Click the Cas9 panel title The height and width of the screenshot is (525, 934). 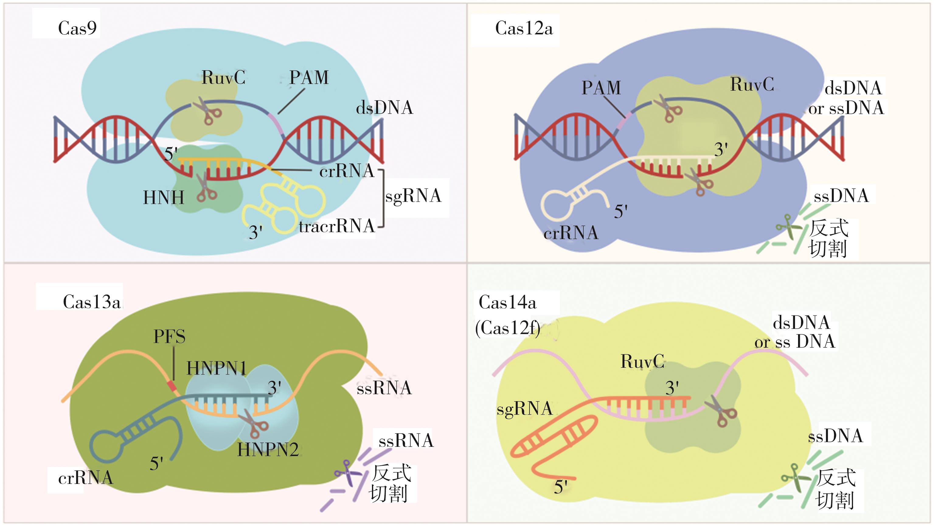point(77,28)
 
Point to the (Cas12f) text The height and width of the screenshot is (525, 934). point(508,329)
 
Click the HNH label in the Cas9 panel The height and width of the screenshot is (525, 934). point(164,198)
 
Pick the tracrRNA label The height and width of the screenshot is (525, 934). point(336,226)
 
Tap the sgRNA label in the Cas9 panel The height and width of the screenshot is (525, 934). point(413,196)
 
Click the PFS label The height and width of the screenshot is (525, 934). point(169,337)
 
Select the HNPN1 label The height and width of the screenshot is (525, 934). point(217,368)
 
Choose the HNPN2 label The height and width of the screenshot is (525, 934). point(268,450)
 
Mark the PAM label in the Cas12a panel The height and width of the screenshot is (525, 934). point(601,88)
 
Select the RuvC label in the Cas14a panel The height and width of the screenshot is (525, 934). point(642,361)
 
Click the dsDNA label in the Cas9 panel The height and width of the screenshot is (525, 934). point(384,108)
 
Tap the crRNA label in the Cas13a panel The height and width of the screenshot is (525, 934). point(85,478)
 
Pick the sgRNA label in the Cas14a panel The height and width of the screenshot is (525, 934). point(524,409)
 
